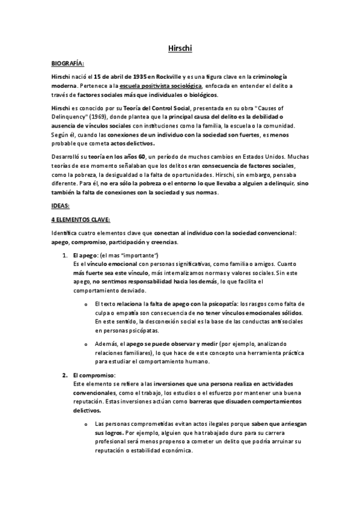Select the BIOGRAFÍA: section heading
68,62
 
